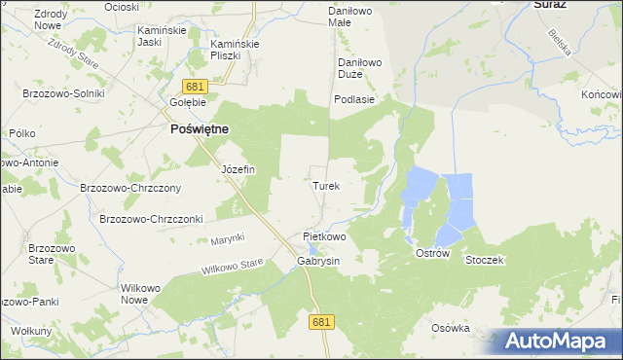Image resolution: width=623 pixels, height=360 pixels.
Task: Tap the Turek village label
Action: (x=326, y=184)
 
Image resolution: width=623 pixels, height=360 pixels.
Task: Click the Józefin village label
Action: (x=238, y=169)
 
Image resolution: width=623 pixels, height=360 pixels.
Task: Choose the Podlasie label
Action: (x=354, y=99)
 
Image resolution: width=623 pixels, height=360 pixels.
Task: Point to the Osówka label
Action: (x=451, y=328)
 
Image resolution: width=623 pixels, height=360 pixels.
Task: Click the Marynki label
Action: (x=227, y=239)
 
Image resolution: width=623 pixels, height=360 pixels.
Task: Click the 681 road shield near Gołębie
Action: (x=195, y=88)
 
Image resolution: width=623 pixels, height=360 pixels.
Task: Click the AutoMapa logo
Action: (x=557, y=341)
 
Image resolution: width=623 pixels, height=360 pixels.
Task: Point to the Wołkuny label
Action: (x=32, y=331)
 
